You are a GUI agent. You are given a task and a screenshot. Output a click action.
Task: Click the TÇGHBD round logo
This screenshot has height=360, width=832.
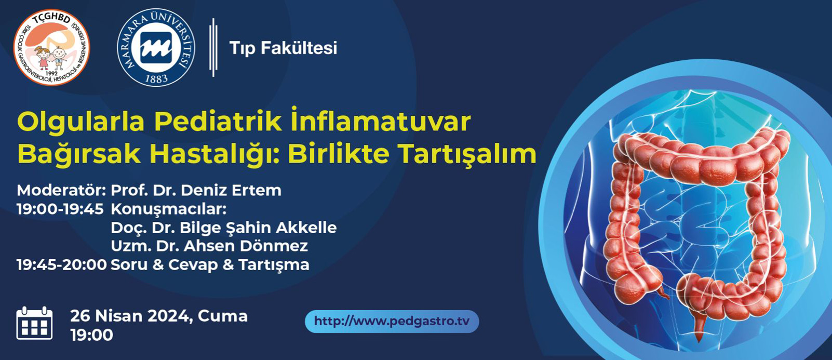tap(51, 48)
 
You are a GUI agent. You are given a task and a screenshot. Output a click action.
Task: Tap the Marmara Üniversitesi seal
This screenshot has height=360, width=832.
tap(156, 48)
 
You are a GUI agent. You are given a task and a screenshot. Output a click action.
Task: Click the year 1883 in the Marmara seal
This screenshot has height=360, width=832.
tap(156, 79)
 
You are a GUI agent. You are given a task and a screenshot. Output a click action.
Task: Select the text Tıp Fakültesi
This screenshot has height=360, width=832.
tap(284, 48)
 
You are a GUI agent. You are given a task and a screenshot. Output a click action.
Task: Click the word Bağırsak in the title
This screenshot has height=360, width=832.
tap(79, 154)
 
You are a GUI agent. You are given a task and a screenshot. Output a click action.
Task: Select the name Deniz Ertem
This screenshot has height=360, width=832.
tap(231, 190)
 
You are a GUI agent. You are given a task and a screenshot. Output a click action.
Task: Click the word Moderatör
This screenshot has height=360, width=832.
tap(61, 190)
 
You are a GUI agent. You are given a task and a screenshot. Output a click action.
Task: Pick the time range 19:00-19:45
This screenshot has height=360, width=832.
tap(60, 209)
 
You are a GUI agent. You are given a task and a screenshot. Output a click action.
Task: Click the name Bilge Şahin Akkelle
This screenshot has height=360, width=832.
tap(258, 228)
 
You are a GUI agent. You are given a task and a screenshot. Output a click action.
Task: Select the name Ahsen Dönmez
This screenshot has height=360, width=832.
tap(246, 246)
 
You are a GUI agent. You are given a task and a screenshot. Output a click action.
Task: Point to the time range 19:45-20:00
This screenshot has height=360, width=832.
tap(62, 265)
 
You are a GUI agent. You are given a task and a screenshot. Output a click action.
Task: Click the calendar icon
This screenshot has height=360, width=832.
tap(35, 323)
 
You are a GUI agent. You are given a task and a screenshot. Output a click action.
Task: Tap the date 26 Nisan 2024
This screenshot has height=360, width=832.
tap(131, 316)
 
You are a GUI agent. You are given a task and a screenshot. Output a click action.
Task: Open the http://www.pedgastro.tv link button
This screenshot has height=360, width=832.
tap(392, 322)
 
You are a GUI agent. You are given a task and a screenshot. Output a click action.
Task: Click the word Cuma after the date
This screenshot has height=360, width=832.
tap(222, 316)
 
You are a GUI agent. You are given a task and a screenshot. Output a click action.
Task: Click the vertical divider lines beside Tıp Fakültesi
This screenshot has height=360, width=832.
tap(213, 48)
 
